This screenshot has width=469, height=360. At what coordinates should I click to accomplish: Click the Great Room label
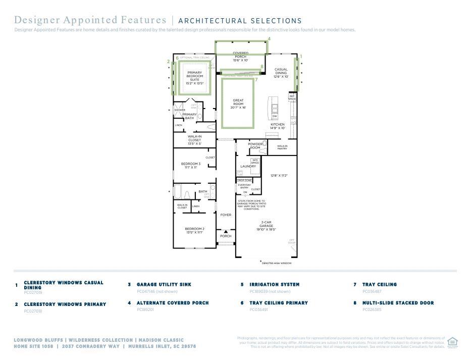(x=238, y=104)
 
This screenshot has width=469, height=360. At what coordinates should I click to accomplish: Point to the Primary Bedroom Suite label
(x=194, y=78)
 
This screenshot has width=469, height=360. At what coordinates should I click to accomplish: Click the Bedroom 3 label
(x=191, y=165)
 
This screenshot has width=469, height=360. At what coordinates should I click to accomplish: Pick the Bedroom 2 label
(x=194, y=230)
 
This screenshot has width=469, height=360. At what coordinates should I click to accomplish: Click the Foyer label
(x=226, y=215)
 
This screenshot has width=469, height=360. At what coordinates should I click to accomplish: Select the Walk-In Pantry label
(x=282, y=147)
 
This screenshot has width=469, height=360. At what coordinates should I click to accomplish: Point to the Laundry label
(x=248, y=166)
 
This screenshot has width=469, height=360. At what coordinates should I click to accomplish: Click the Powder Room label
(x=255, y=146)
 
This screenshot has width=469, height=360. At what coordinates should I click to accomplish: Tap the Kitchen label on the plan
(x=277, y=126)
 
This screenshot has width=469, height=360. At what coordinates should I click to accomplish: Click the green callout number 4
(x=269, y=39)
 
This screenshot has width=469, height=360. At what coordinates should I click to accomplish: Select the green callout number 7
(x=256, y=80)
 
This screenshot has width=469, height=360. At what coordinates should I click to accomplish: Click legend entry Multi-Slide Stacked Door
(x=398, y=303)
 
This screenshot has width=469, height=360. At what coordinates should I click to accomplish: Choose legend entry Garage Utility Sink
(x=164, y=284)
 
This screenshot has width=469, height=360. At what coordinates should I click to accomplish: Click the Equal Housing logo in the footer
(x=452, y=342)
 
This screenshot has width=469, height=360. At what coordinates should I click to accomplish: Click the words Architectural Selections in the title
(x=240, y=21)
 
